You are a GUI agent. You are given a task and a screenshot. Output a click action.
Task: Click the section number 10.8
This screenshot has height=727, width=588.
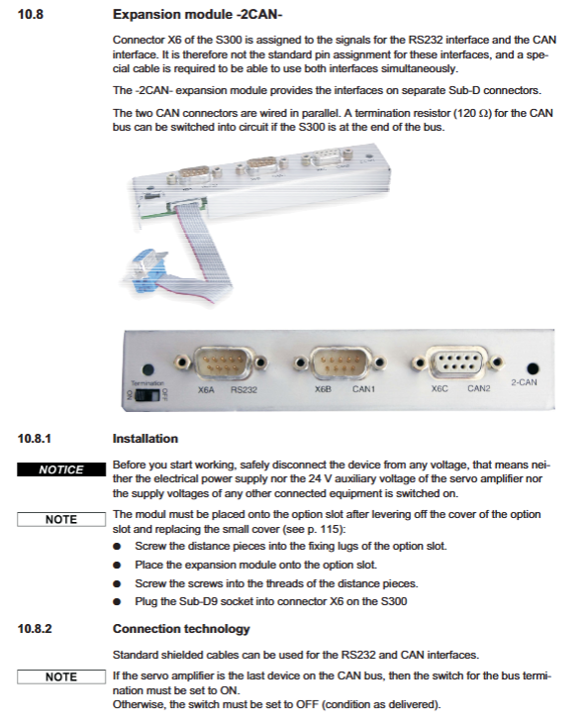[x=30, y=15]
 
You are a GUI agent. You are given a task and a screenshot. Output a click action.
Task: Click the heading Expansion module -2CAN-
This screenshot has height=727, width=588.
[x=197, y=15]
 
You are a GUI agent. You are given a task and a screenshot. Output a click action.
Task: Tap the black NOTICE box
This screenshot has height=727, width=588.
[x=61, y=469]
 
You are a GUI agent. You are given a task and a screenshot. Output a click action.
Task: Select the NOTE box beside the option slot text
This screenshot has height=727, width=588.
[x=61, y=519]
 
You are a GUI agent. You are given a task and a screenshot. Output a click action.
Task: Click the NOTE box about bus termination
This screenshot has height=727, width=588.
[x=61, y=676]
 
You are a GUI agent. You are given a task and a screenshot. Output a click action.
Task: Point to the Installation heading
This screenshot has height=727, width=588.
[x=146, y=439]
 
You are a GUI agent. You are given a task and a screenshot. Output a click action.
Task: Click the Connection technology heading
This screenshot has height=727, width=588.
[x=181, y=629]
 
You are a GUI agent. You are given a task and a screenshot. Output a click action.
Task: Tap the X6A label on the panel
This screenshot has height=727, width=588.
[x=206, y=390]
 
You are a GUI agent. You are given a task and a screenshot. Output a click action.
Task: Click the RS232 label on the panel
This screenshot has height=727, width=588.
[x=244, y=390]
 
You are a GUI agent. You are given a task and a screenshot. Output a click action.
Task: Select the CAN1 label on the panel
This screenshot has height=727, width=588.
[x=363, y=389]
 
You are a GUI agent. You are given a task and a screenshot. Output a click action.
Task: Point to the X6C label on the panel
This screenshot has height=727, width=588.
[x=440, y=388]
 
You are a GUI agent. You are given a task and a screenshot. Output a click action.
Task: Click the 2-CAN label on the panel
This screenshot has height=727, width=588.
[x=524, y=382]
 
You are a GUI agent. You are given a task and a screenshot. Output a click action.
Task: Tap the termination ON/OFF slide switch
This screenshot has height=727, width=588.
[x=147, y=395]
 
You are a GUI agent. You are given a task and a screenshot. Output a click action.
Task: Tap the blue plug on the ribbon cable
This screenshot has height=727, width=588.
[x=146, y=272]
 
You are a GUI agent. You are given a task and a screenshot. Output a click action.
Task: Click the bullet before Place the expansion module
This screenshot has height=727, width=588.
[x=117, y=566]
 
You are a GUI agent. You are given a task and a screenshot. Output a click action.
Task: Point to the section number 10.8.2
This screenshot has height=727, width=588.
[x=35, y=629]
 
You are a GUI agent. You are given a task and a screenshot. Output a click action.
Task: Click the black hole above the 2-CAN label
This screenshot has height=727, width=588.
[x=533, y=368]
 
